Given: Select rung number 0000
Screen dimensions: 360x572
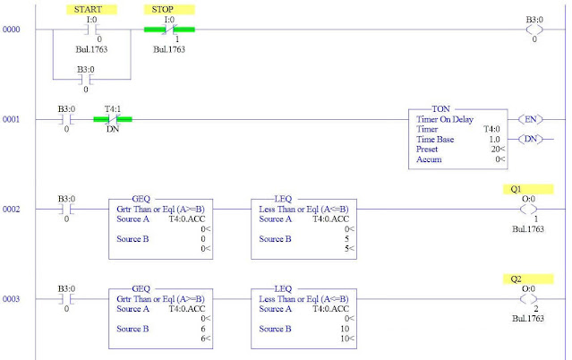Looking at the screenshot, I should (x=13, y=30).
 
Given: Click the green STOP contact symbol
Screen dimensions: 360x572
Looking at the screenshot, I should (x=168, y=30).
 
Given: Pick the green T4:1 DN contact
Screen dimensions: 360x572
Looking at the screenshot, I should (x=112, y=118).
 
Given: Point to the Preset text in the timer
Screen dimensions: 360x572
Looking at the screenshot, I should (x=430, y=150).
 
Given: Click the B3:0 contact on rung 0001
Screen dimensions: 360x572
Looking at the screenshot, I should (x=66, y=118).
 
